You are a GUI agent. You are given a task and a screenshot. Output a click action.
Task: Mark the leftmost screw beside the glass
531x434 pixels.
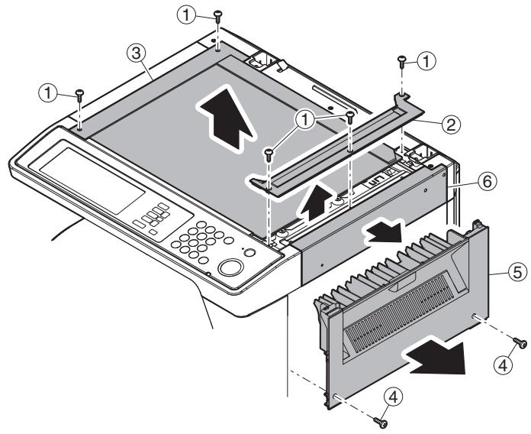[79, 96]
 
